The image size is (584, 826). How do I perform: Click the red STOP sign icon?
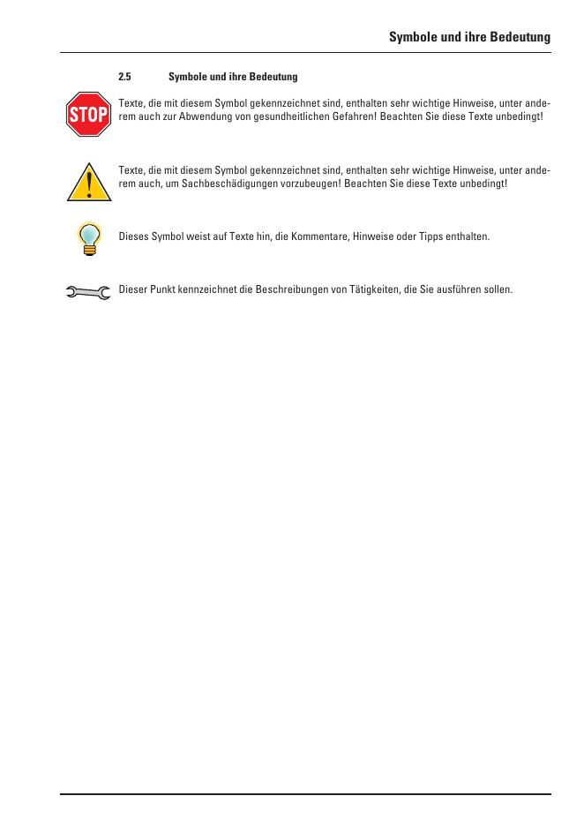tap(88, 114)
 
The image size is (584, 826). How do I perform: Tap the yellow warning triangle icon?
tap(88, 183)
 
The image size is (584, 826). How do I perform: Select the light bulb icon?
tap(88, 237)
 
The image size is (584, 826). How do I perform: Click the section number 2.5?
tap(124, 77)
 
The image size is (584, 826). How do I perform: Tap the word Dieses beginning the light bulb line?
tap(132, 237)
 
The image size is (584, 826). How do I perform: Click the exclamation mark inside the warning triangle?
tap(88, 186)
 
